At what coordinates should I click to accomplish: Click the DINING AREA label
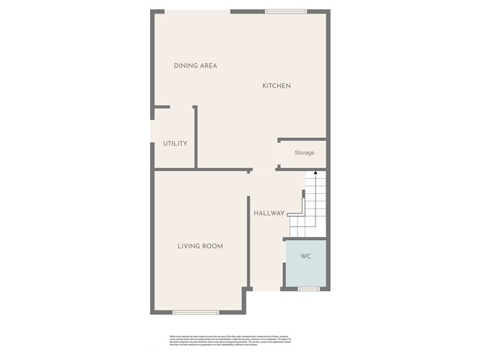(x=195, y=66)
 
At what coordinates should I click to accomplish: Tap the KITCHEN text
(x=276, y=86)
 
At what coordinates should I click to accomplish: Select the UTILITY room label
(x=175, y=144)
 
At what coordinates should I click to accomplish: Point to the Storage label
(x=304, y=153)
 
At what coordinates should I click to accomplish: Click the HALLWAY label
(x=269, y=213)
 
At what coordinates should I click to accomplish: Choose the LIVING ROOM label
(x=200, y=246)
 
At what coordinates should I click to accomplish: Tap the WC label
(x=305, y=257)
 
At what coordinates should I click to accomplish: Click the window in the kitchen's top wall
(x=286, y=11)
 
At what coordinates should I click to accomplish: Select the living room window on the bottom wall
(x=195, y=312)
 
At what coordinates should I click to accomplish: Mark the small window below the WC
(x=309, y=289)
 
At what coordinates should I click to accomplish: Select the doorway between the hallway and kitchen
(x=263, y=170)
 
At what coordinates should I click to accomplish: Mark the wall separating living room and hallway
(x=248, y=230)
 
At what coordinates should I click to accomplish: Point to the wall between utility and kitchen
(x=195, y=137)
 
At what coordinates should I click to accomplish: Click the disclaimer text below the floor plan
(x=239, y=338)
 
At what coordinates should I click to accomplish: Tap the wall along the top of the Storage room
(x=302, y=139)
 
